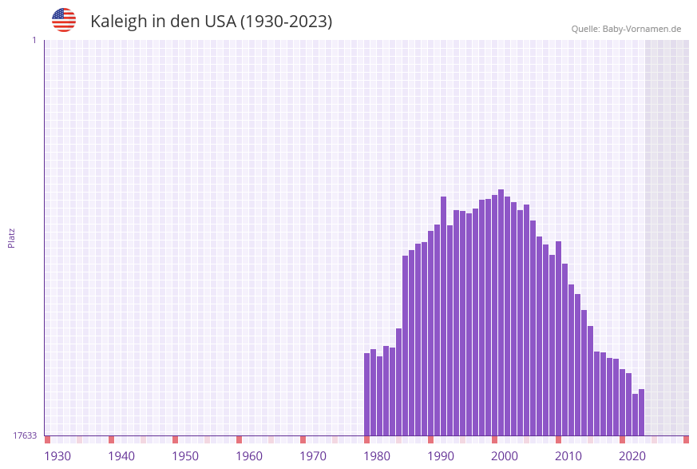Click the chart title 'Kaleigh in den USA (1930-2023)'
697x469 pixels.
pos(211,22)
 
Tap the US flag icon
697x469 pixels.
pos(64,20)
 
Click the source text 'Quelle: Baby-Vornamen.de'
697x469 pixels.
pos(626,29)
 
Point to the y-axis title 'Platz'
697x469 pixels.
pos(12,237)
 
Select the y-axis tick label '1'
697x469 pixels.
pos(34,40)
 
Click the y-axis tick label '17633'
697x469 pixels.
pos(25,435)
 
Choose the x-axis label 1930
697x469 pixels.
pos(57,456)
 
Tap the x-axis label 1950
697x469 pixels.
pos(185,456)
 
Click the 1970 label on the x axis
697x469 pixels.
pos(313,456)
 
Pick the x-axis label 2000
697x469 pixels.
pos(505,456)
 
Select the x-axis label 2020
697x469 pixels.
pos(632,456)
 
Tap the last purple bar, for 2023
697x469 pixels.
pos(641,411)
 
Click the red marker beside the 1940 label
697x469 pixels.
pos(112,439)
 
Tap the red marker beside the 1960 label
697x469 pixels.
pos(239,439)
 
